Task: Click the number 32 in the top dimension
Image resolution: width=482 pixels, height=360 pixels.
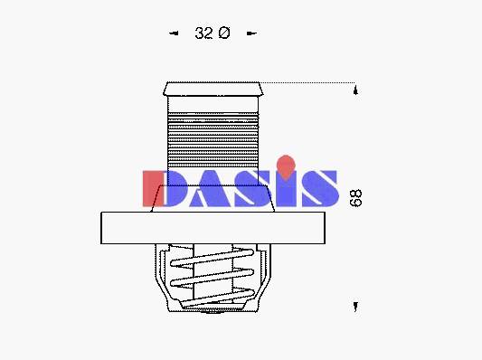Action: (x=203, y=33)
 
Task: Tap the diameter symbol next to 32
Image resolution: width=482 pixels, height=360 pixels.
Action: (x=224, y=33)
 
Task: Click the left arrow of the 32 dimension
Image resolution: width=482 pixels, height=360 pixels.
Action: (x=174, y=33)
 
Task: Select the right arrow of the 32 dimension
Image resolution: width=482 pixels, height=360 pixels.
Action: (x=251, y=33)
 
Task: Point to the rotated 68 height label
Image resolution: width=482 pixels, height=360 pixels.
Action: (x=356, y=198)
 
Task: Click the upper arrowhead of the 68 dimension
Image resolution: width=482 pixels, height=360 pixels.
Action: (x=355, y=90)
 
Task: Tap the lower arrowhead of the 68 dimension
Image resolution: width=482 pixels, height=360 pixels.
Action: (x=355, y=307)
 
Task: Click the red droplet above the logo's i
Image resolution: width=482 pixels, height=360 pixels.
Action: (x=286, y=167)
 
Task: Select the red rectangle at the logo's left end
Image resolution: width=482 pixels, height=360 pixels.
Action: (x=153, y=188)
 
